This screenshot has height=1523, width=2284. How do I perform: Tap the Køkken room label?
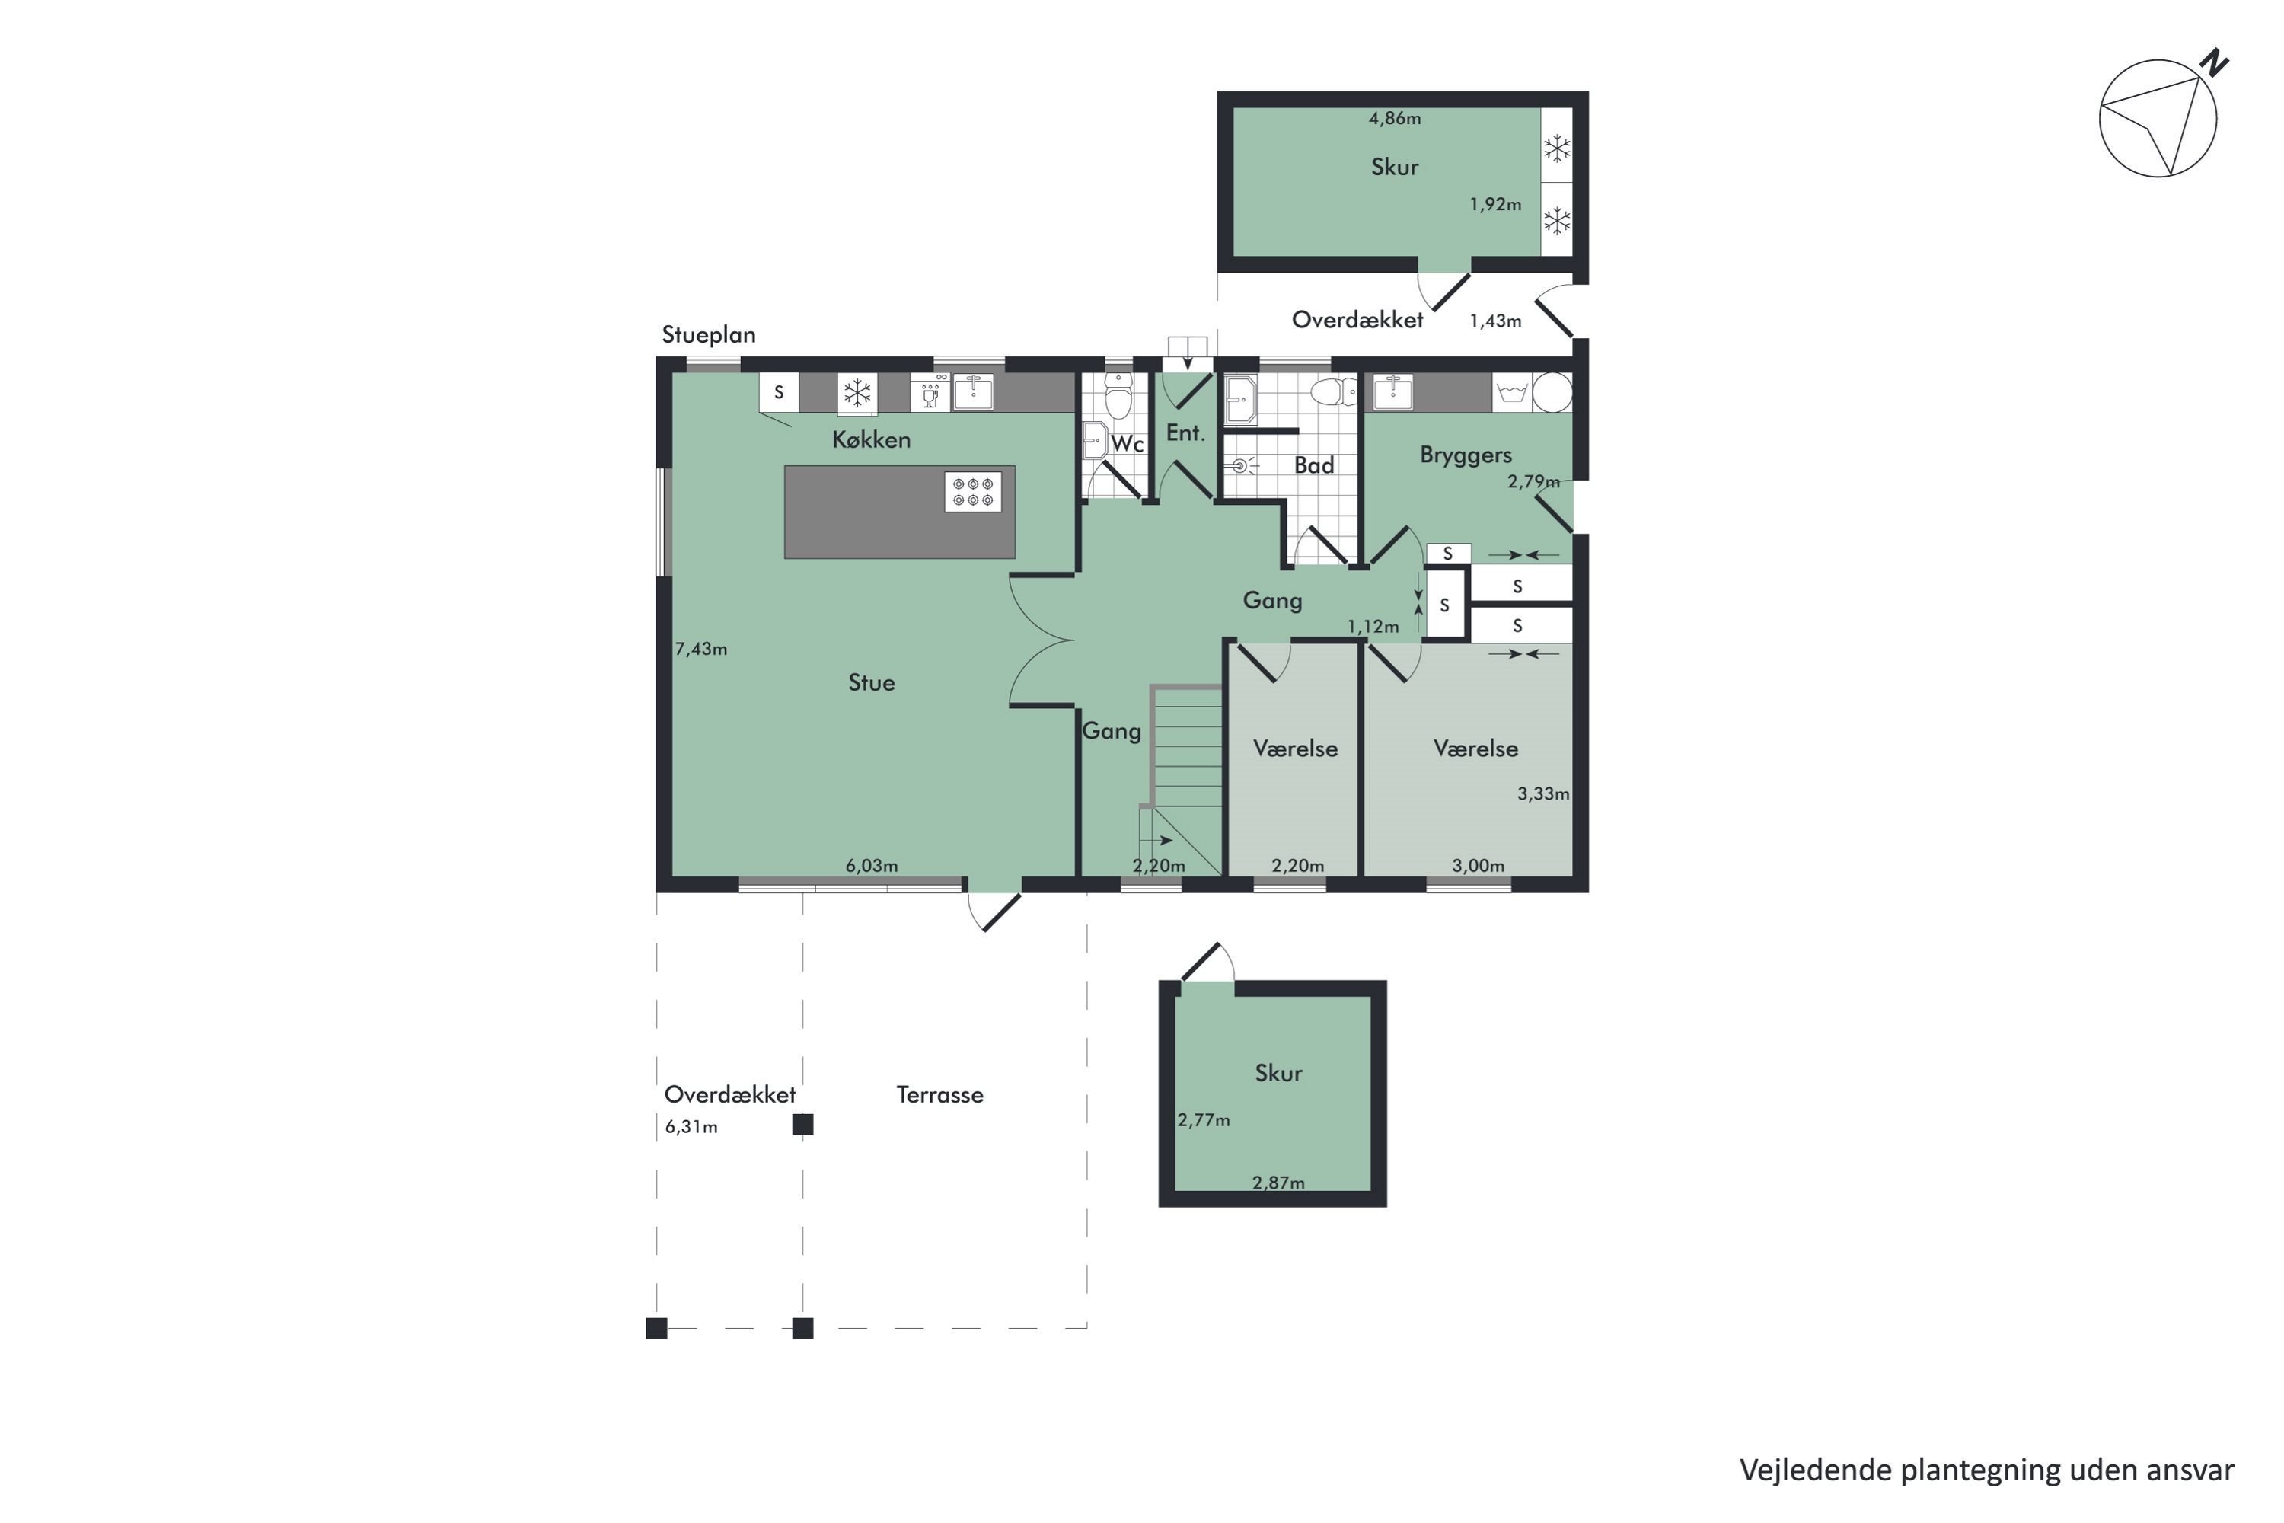coord(871,440)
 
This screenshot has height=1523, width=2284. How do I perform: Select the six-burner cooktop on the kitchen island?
coord(973,491)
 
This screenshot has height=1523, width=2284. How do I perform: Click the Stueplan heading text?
coord(708,335)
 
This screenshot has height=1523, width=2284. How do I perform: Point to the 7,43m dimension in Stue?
coord(701,649)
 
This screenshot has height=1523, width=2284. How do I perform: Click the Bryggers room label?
coord(1466,455)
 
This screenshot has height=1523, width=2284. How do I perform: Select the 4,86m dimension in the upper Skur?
coord(1395,119)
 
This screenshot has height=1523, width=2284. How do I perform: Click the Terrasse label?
coord(939,1095)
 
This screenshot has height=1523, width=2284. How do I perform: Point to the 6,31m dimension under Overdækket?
coord(691,1127)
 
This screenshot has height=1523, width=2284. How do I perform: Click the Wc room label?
coord(1128,444)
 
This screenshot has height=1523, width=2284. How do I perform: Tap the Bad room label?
coord(1314,466)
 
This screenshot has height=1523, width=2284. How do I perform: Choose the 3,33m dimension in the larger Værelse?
coord(1543,793)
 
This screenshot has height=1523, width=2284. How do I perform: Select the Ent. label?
coord(1185,433)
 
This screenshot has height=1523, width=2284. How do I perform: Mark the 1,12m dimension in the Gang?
coord(1373,627)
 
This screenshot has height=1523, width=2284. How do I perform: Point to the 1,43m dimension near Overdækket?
coord(1495,321)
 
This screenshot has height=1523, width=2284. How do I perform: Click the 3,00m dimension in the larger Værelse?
coord(1478,865)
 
